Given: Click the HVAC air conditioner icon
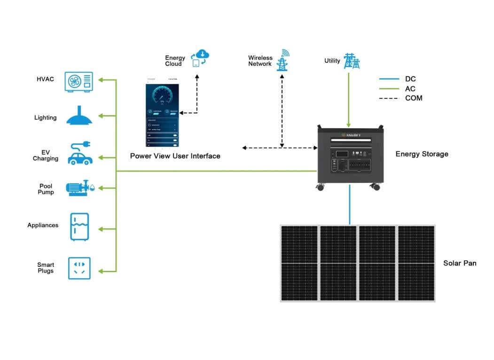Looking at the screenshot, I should tap(78, 82).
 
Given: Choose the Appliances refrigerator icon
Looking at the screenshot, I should tap(79, 227).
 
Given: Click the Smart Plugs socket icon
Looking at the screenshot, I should tap(79, 268).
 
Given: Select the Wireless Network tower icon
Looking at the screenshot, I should tap(282, 60).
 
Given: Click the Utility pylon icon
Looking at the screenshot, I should tap(351, 61).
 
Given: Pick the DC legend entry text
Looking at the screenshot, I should tap(410, 79).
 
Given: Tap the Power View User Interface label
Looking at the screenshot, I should tap(175, 156).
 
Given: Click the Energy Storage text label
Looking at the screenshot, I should tap(422, 154).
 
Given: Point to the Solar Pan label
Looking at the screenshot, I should tap(459, 263).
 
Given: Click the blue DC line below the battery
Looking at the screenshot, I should tap(350, 204).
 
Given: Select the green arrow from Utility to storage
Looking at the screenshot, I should tap(348, 99).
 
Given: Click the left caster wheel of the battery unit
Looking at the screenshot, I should tap(321, 187).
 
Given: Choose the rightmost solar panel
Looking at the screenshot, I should tap(416, 263).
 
